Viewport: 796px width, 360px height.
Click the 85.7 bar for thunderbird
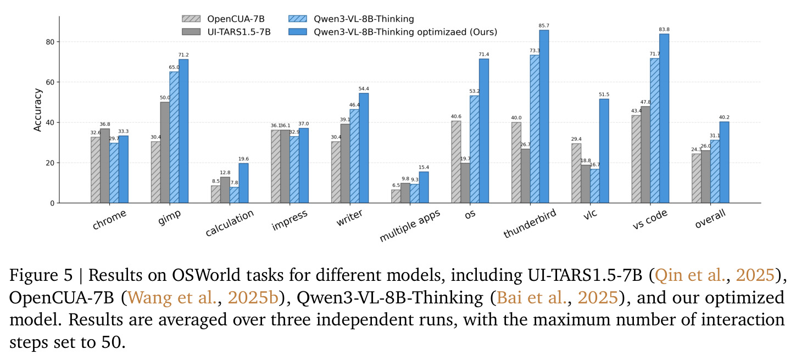[x=544, y=117]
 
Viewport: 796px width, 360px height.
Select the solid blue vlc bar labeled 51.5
[x=604, y=151]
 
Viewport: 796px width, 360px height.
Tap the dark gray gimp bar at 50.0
[x=165, y=153]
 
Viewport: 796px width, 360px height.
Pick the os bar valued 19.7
[x=465, y=183]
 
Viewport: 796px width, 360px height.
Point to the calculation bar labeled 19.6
[x=243, y=183]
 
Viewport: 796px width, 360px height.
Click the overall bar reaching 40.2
[x=724, y=162]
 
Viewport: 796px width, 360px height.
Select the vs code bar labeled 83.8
[x=664, y=118]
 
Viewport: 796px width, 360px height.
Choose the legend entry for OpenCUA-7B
[x=223, y=19]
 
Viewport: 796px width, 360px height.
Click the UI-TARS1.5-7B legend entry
[x=226, y=32]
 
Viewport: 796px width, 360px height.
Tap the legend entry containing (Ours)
[x=393, y=32]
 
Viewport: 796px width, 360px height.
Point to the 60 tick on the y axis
[x=50, y=82]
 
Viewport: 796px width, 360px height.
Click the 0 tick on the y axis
[x=53, y=203]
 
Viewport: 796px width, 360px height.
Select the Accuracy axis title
[x=37, y=110]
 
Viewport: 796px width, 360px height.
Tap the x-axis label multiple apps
[x=410, y=226]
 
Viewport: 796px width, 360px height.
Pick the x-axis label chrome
[x=109, y=219]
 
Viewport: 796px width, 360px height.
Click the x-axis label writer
[x=349, y=218]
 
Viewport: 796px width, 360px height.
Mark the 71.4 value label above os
[x=483, y=54]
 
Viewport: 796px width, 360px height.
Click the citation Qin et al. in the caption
[x=690, y=275]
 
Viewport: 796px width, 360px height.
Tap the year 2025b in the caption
[x=253, y=298]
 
